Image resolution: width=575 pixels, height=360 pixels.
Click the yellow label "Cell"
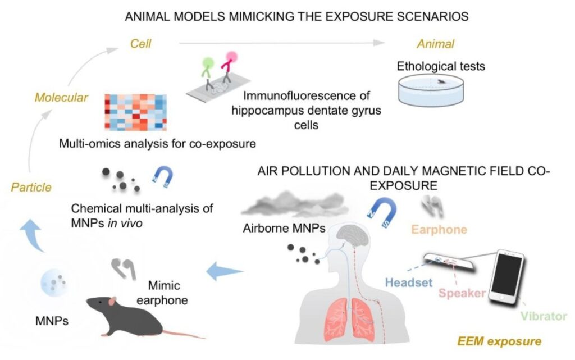(138, 43)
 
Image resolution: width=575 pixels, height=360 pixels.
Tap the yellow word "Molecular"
(61, 98)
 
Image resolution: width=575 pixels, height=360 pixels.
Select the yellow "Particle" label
(31, 187)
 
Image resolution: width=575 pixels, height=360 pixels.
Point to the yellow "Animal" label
(435, 44)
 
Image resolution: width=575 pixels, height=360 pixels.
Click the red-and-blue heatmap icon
(135, 112)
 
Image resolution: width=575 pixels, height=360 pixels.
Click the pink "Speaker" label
(461, 293)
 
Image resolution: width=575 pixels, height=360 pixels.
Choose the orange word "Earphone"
(439, 229)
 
